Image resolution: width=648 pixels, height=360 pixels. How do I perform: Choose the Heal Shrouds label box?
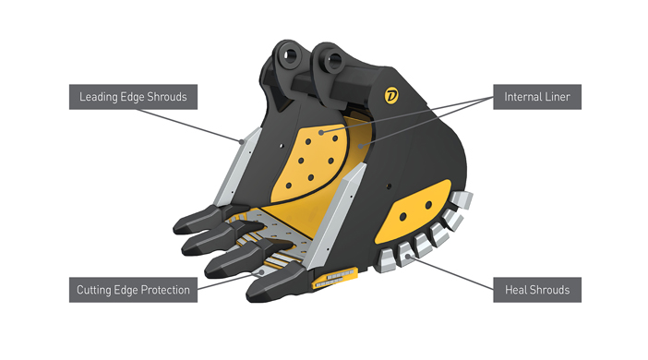(x=536, y=290)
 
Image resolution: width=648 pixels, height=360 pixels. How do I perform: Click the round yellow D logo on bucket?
(x=390, y=94)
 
